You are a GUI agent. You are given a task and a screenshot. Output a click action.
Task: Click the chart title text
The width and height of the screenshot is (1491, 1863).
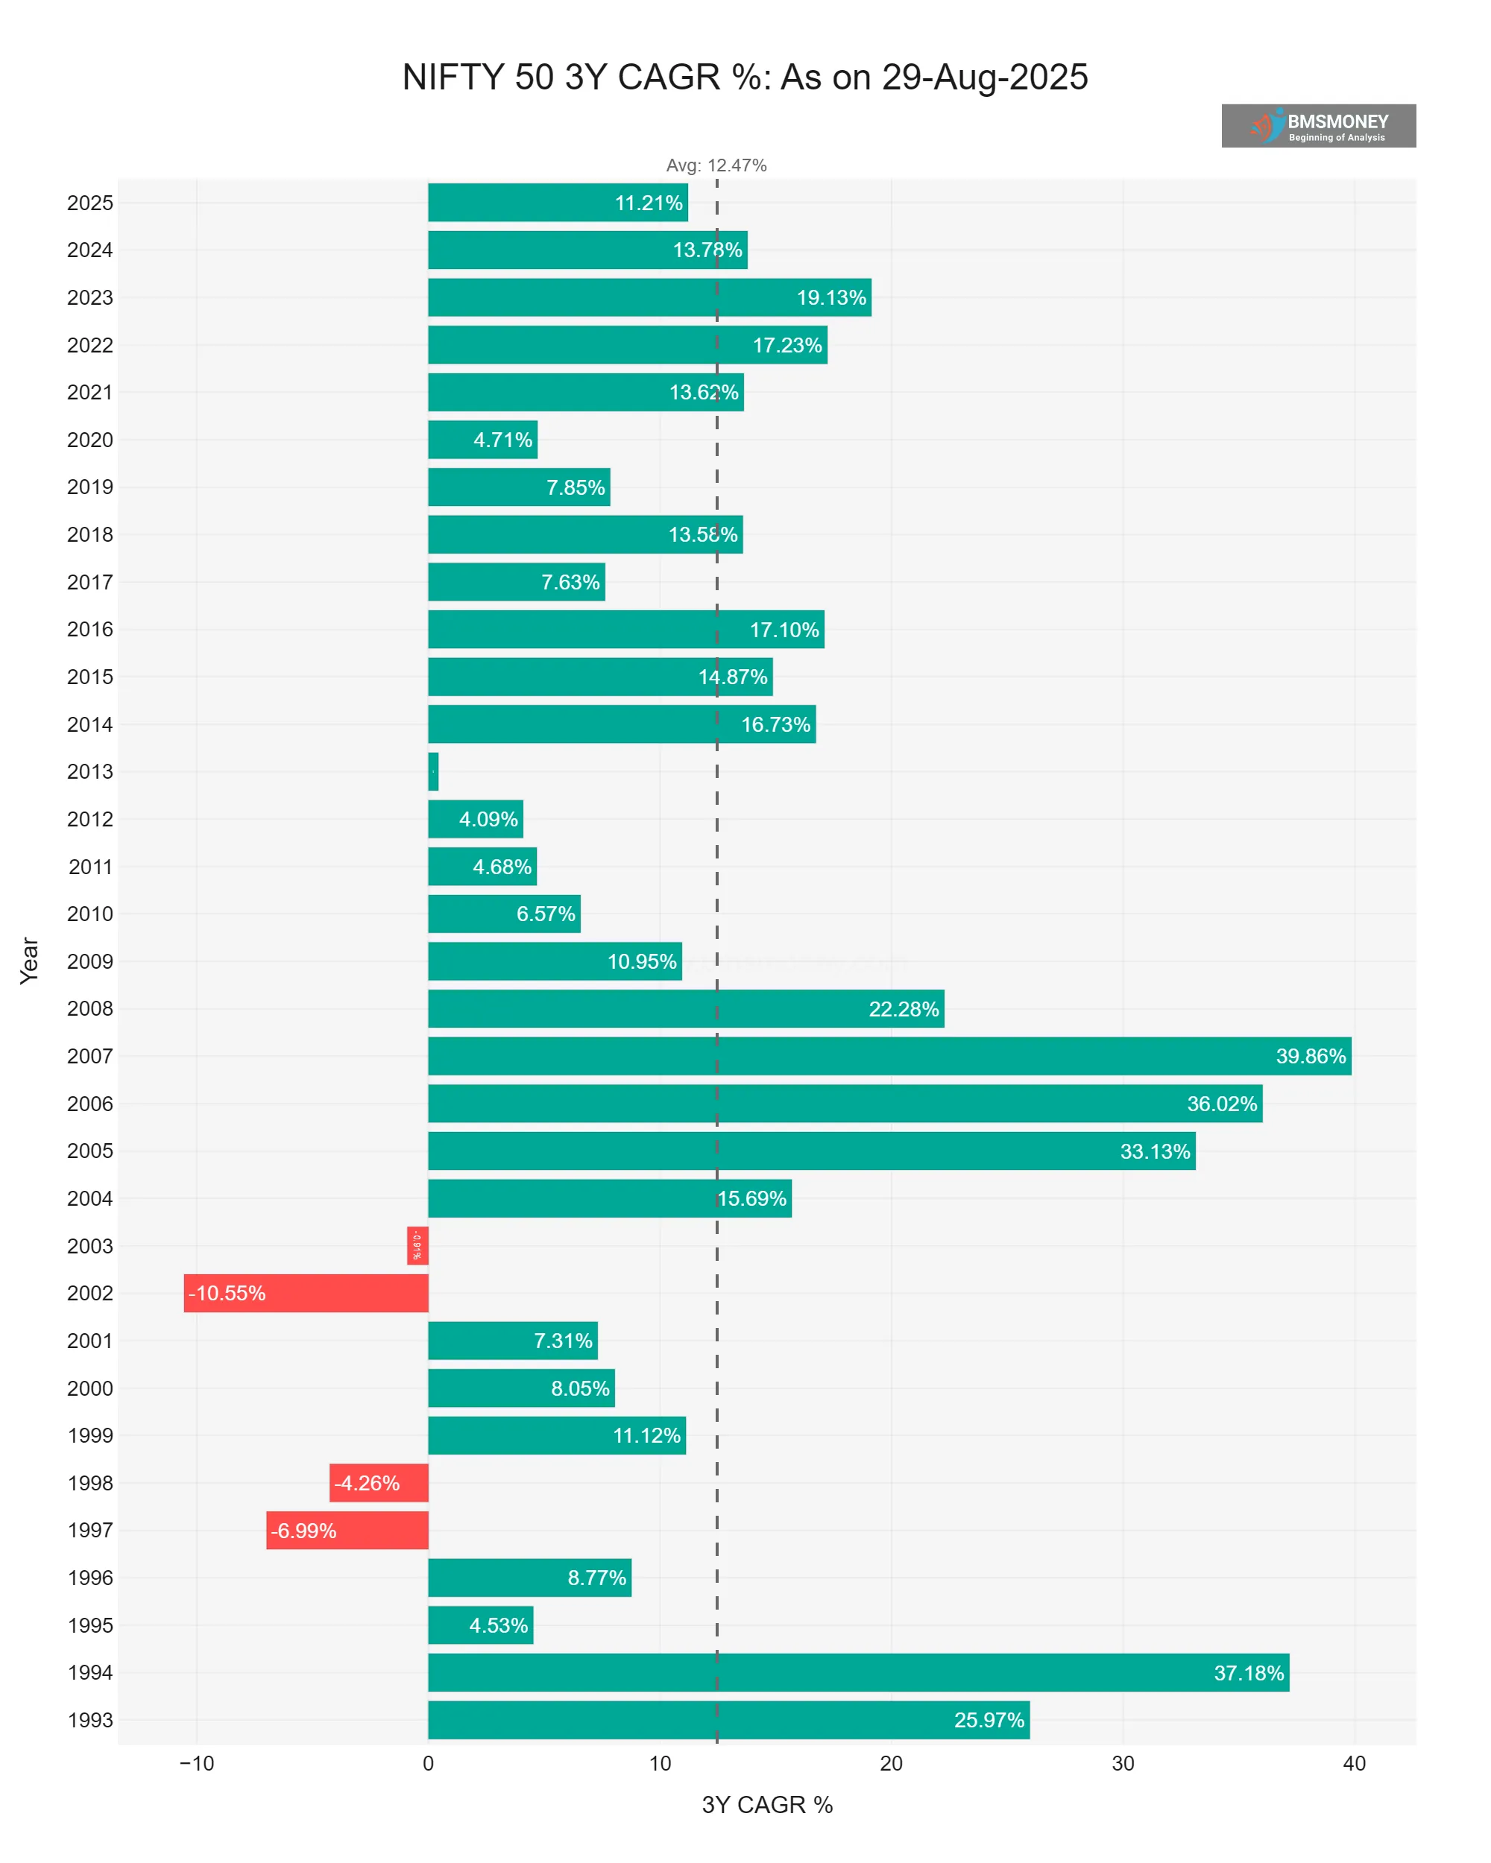pos(744,78)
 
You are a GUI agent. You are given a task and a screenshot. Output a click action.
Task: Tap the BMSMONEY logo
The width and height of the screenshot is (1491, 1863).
pos(1317,126)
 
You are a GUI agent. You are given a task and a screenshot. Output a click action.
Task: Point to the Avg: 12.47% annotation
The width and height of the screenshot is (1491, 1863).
pos(716,165)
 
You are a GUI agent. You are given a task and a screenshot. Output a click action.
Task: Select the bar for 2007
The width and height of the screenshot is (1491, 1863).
pos(889,1056)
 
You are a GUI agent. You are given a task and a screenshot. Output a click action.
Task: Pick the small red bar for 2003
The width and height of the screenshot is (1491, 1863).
pos(417,1245)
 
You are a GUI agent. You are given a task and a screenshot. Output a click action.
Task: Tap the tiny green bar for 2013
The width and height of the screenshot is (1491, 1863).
pos(433,771)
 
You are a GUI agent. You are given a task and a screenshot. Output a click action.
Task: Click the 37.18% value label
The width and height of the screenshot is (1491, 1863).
pos(1248,1673)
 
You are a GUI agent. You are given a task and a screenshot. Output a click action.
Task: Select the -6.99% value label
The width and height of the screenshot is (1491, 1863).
pos(303,1531)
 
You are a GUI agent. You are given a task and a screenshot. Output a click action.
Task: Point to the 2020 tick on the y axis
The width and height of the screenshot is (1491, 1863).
pos(90,440)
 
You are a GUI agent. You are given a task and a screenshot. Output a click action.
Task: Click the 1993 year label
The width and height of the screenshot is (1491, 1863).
pos(90,1720)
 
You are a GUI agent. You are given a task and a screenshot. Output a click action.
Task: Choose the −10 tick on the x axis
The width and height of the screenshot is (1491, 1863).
pos(196,1764)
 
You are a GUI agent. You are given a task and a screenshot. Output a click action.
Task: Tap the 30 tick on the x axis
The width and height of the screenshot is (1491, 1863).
pos(1122,1764)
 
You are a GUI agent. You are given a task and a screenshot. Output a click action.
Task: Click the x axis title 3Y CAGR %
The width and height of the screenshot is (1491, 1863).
pos(766,1805)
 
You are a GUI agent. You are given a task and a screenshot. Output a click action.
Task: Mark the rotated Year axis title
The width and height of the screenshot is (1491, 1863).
pos(29,960)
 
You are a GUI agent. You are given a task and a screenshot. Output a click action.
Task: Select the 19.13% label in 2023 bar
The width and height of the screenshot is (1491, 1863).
pos(830,298)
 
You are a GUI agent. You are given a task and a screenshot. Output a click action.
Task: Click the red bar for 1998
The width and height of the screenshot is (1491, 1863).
pos(379,1483)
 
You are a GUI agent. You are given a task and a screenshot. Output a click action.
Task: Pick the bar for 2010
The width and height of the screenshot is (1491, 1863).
pos(504,914)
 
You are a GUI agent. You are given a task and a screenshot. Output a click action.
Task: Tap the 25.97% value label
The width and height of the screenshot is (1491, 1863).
pos(988,1720)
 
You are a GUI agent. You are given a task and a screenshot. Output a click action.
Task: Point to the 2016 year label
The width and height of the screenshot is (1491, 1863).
pos(90,629)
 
